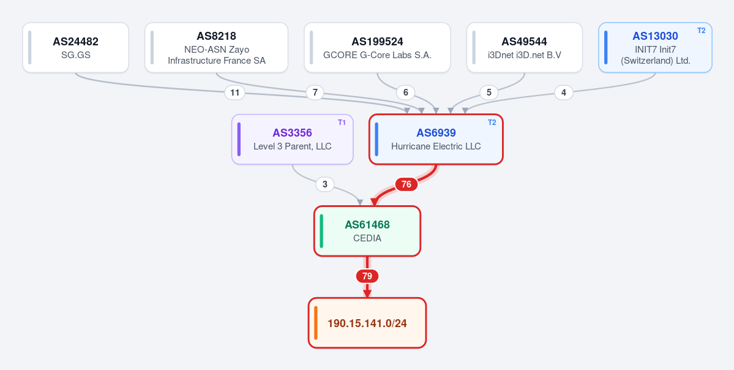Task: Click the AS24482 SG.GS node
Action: pyautogui.click(x=75, y=48)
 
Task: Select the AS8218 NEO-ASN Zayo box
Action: pyautogui.click(x=216, y=48)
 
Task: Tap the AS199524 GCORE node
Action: pyautogui.click(x=377, y=48)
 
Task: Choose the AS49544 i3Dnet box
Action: pyautogui.click(x=524, y=48)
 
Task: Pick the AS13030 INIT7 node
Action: pyautogui.click(x=656, y=48)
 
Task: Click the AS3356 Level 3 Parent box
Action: pyautogui.click(x=292, y=139)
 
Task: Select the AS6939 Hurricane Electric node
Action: pyautogui.click(x=436, y=139)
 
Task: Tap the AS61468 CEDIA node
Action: pyautogui.click(x=367, y=231)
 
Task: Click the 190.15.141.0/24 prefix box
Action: pyautogui.click(x=367, y=323)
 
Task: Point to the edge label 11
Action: pyautogui.click(x=235, y=92)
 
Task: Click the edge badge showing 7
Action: pyautogui.click(x=315, y=92)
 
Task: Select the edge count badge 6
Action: pyautogui.click(x=405, y=92)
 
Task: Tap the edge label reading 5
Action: pyautogui.click(x=489, y=92)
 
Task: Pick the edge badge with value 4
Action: pyautogui.click(x=564, y=92)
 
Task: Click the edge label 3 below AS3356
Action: pyautogui.click(x=325, y=184)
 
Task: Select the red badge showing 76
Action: pyautogui.click(x=406, y=184)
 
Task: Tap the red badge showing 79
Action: pyautogui.click(x=367, y=276)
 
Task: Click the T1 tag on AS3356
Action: pyautogui.click(x=342, y=123)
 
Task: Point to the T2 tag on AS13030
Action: pyautogui.click(x=701, y=31)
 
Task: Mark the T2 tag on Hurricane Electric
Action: pyautogui.click(x=492, y=123)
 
